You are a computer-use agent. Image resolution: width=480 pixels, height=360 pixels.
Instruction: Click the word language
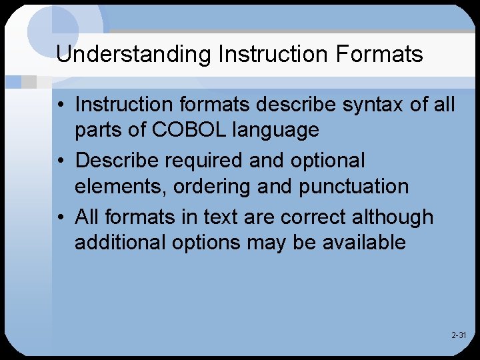(x=276, y=131)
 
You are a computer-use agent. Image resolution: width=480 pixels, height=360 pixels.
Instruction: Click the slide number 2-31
(x=459, y=335)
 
